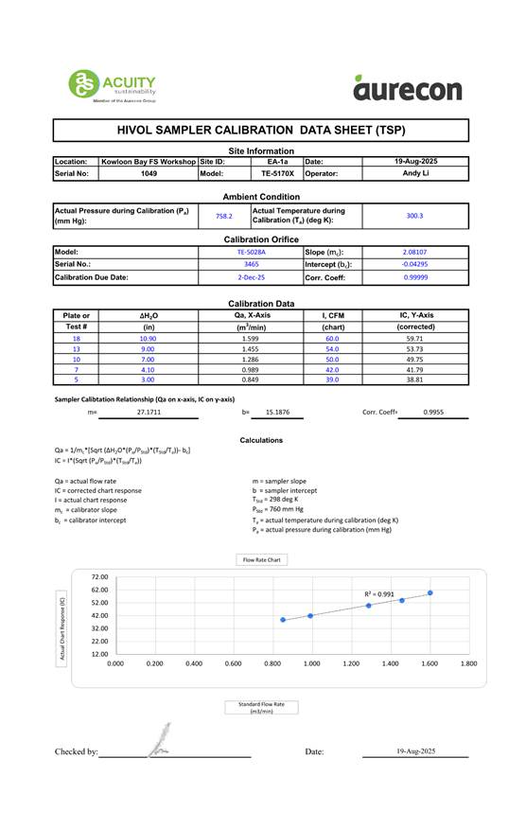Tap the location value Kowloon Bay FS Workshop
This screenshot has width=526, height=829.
tap(149, 162)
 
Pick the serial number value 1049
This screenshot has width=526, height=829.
tap(149, 174)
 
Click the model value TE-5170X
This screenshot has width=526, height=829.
tap(277, 174)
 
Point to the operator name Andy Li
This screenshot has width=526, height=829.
tap(415, 174)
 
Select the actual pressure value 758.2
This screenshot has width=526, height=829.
tap(224, 216)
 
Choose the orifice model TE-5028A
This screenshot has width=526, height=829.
tap(251, 253)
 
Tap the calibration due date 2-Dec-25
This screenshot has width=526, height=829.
tap(251, 277)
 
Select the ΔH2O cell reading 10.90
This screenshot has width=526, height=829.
tap(149, 338)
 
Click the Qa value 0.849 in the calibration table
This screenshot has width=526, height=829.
tap(251, 379)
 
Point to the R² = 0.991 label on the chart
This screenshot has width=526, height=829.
tap(379, 594)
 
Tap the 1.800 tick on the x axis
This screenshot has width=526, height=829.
tap(467, 663)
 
